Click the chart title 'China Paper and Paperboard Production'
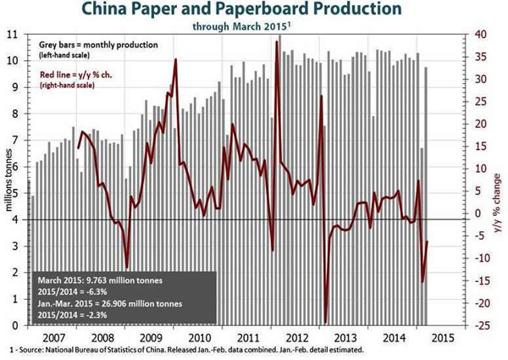253,11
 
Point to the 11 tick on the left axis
12,34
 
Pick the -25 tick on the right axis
482,325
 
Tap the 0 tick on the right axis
479,213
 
